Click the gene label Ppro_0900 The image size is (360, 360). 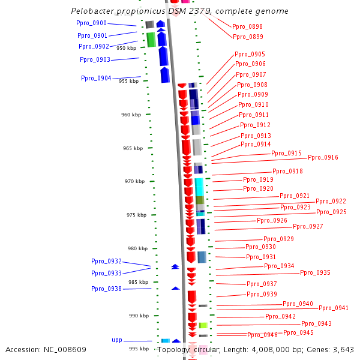click(x=92, y=23)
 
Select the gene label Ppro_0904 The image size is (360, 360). click(x=96, y=78)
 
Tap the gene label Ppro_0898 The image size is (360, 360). click(x=247, y=26)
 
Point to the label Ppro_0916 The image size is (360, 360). click(x=323, y=157)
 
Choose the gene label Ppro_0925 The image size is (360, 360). click(x=331, y=212)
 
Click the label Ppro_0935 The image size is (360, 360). click(x=315, y=272)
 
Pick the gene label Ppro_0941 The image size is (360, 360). click(x=334, y=308)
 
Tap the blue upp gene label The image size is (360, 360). click(x=117, y=340)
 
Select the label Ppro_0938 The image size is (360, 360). click(x=106, y=289)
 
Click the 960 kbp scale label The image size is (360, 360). click(x=131, y=115)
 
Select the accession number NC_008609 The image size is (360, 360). click(x=66, y=349)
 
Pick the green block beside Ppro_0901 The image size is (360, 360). click(x=151, y=40)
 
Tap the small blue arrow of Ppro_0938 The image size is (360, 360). click(x=175, y=288)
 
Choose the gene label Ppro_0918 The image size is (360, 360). click(x=287, y=171)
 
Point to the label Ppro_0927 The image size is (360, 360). click(x=308, y=226)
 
